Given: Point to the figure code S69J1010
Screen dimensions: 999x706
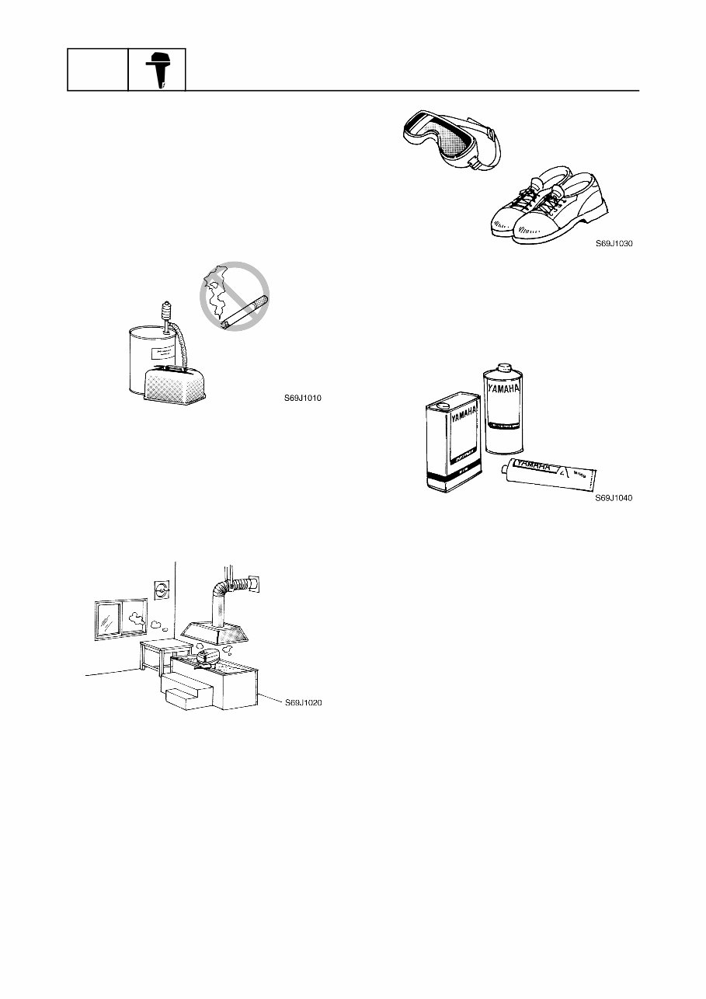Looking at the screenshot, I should click(302, 399).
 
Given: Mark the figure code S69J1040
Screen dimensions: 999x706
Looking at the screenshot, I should click(614, 499).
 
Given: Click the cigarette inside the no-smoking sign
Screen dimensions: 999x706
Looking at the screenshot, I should click(245, 312).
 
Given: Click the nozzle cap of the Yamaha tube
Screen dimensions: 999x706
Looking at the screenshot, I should click(506, 469).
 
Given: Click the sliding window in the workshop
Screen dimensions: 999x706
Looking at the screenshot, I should click(121, 619).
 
